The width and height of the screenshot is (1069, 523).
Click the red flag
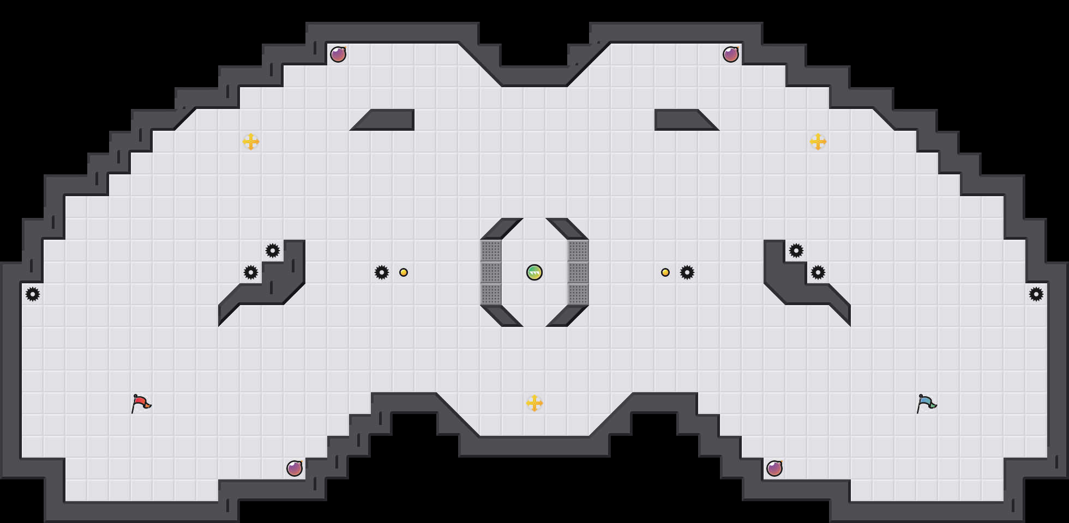click(141, 403)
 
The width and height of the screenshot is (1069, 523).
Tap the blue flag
click(926, 403)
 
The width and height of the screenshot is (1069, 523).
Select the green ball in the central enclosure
click(534, 272)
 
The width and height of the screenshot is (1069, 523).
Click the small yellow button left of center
click(404, 272)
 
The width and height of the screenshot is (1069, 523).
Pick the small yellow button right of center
click(665, 272)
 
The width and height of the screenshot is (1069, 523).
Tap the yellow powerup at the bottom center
click(534, 403)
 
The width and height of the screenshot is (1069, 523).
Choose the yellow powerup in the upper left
click(251, 142)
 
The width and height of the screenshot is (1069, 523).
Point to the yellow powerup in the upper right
click(818, 142)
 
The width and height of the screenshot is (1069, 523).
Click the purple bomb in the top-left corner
click(338, 54)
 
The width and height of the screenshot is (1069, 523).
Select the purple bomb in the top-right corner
click(731, 54)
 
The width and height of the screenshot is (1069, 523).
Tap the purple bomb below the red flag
click(295, 469)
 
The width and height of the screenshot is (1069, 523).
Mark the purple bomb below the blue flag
click(774, 469)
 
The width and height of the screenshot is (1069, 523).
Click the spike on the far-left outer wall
click(33, 294)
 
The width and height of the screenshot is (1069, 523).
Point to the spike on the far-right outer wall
click(1036, 294)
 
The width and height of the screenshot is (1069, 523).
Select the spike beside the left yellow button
click(382, 272)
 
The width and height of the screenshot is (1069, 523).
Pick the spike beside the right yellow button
click(687, 272)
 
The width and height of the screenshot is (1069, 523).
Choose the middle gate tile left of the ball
click(491, 272)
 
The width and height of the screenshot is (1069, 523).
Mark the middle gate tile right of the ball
click(578, 272)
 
